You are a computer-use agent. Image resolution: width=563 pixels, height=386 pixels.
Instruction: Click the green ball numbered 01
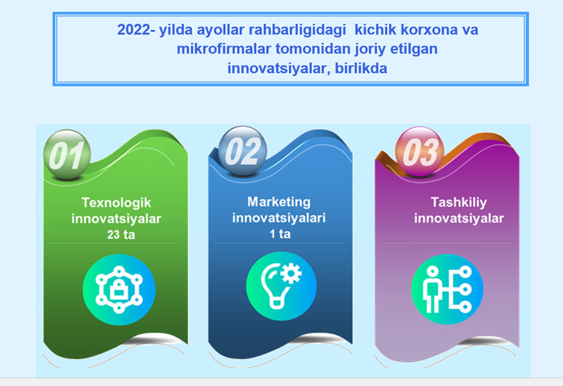click(x=67, y=155)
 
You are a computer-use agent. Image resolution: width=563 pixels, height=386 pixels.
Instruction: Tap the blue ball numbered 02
click(x=242, y=151)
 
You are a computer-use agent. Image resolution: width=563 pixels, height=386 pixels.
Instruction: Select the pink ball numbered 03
click(x=420, y=152)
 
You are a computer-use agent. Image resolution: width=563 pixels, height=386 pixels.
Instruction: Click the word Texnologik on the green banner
click(x=117, y=203)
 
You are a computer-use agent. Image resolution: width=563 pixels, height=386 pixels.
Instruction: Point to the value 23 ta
click(x=121, y=234)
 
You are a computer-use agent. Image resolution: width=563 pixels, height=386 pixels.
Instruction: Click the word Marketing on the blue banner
click(x=279, y=202)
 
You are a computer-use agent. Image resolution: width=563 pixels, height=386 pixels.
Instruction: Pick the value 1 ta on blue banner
click(x=280, y=234)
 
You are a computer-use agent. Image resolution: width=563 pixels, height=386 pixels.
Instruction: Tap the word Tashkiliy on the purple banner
click(x=459, y=202)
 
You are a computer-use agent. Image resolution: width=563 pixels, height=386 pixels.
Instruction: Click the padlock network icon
click(x=119, y=289)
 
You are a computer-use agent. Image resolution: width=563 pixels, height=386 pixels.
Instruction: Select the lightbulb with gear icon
click(x=281, y=286)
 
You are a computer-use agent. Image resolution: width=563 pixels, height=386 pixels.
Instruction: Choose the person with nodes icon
click(x=447, y=289)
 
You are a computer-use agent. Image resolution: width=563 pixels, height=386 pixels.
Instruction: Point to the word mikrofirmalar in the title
click(x=224, y=49)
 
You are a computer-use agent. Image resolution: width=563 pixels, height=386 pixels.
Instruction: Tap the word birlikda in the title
click(x=361, y=68)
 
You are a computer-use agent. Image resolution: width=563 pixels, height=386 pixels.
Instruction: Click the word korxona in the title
click(x=429, y=30)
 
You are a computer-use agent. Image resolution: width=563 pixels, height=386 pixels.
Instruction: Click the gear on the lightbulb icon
click(x=291, y=274)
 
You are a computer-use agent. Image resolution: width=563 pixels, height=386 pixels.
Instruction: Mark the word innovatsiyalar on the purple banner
click(x=459, y=218)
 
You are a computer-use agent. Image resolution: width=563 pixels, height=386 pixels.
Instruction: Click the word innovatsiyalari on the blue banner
click(x=279, y=218)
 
